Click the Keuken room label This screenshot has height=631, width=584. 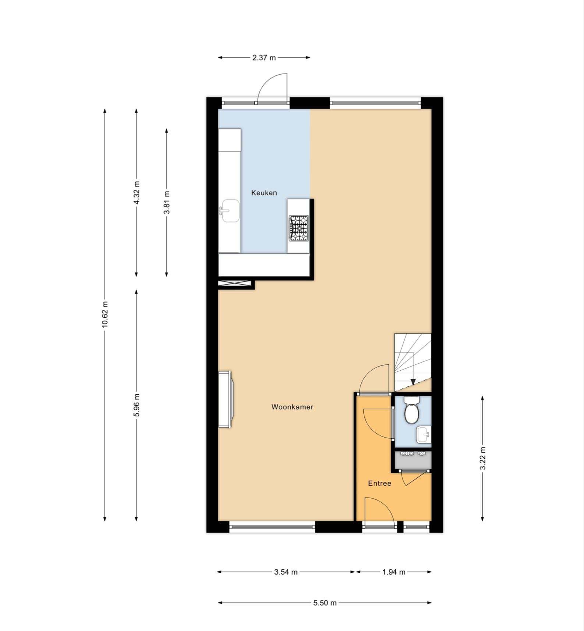click(264, 193)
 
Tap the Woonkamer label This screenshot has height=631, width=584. click(292, 407)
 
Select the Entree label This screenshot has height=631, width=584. click(380, 483)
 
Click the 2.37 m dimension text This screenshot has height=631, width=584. click(264, 57)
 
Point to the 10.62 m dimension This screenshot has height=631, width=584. click(105, 314)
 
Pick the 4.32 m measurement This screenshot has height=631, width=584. click(136, 193)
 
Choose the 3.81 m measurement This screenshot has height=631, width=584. click(167, 203)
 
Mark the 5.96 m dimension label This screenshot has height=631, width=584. click(136, 405)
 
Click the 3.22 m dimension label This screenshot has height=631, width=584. click(483, 458)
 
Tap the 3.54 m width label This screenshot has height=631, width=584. click(286, 572)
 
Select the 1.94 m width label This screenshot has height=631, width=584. click(394, 572)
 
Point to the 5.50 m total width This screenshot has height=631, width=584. click(325, 603)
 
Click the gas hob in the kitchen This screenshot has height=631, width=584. click(299, 228)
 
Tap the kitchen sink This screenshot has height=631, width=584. click(230, 211)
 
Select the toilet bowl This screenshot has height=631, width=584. click(411, 410)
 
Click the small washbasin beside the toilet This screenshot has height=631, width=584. click(424, 435)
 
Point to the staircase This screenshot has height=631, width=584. click(413, 362)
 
